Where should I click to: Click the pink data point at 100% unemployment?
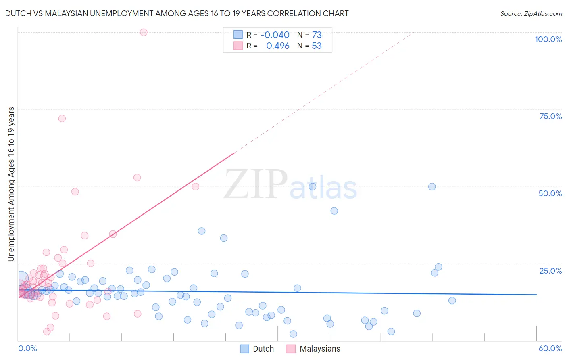[144, 32]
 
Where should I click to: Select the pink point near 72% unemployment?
[62, 119]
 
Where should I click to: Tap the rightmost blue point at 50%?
[432, 186]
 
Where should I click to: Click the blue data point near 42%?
[334, 211]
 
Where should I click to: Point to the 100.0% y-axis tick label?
[548, 39]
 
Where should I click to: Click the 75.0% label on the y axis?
[550, 116]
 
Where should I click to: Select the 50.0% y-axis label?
[550, 193]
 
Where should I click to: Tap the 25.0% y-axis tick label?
[550, 271]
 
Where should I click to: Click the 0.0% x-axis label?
[27, 348]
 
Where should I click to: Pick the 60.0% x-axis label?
[550, 348]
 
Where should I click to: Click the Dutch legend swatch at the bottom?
[244, 349]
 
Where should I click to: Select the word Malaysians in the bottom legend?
[320, 349]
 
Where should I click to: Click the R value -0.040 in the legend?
[275, 35]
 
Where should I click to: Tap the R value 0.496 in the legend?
[278, 46]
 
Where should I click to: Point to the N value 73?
[317, 35]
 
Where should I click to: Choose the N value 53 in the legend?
[317, 46]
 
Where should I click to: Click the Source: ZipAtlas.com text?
[531, 14]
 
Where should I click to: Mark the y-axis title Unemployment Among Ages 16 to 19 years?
[11, 184]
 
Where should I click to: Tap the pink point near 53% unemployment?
[137, 178]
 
